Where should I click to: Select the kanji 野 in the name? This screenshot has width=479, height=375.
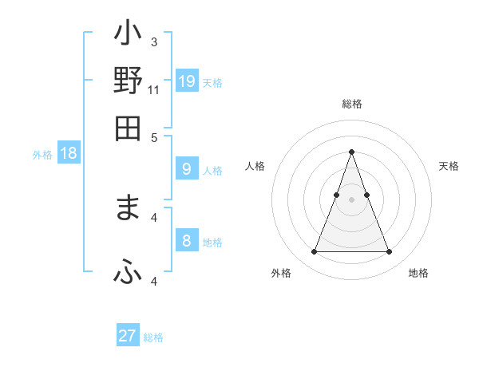[129, 82]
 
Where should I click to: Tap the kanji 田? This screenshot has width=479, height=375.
[129, 127]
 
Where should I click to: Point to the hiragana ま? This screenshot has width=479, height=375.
[129, 208]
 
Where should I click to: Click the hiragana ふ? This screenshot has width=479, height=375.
[129, 273]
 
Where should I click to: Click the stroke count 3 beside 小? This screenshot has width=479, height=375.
[153, 41]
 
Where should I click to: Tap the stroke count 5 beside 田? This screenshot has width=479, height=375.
[154, 136]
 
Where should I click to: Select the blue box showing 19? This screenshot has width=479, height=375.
[187, 81]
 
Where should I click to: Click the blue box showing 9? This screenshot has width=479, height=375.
[187, 168]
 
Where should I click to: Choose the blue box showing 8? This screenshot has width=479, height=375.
[187, 241]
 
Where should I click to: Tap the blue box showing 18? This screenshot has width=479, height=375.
[69, 154]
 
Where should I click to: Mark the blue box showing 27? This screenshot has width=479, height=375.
[128, 336]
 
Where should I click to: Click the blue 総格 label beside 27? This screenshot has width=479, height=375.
[153, 337]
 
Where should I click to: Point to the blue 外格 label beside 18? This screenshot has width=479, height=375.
[42, 156]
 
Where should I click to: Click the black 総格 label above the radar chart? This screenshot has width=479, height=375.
[352, 105]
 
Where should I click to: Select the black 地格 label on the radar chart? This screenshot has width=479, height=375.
[418, 274]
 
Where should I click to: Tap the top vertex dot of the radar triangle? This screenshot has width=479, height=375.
[352, 152]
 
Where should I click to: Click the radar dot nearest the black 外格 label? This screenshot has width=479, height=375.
[314, 252]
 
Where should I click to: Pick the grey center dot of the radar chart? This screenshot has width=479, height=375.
[352, 199]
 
